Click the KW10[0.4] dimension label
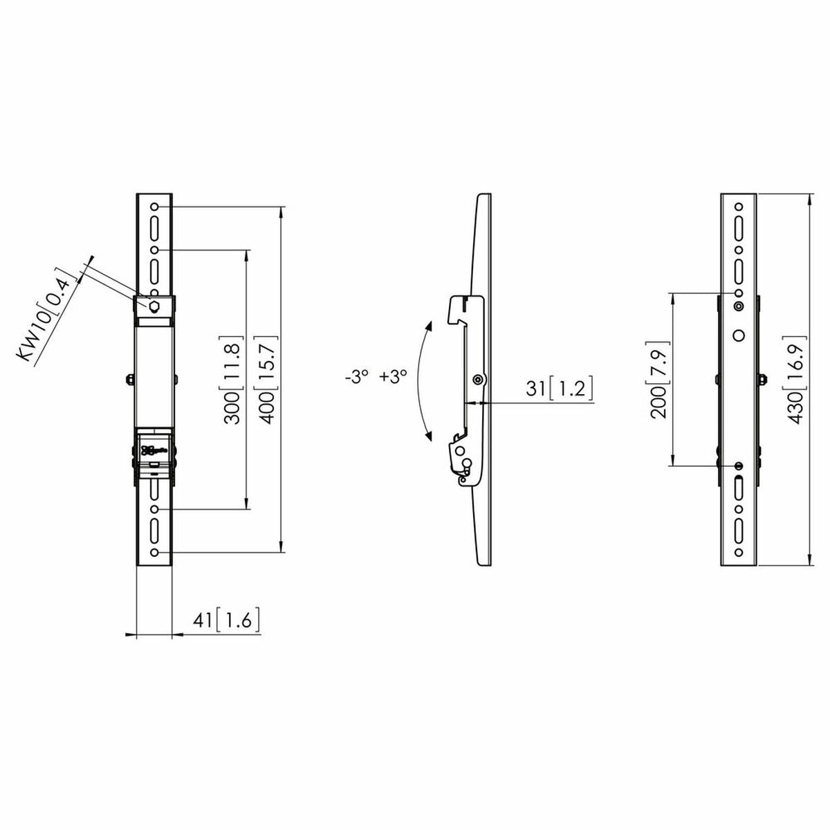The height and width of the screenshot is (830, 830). pos(46,314)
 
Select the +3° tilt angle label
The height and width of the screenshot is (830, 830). pos(394,378)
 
